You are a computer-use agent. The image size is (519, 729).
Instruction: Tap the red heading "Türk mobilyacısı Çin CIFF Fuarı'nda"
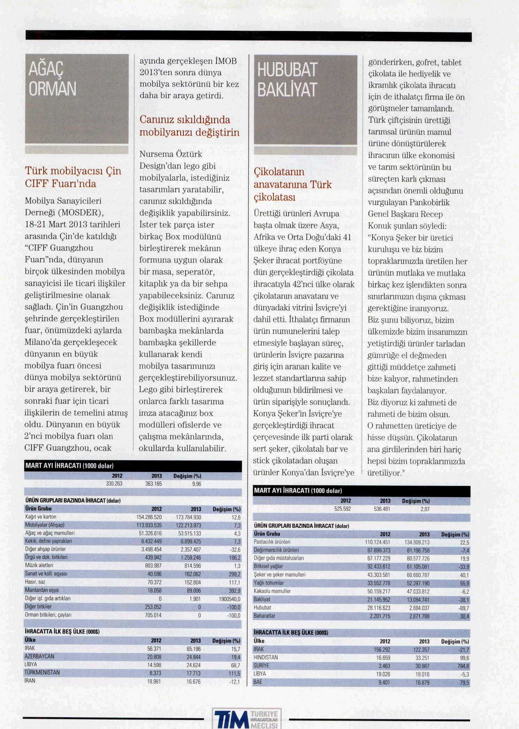[x=73, y=177]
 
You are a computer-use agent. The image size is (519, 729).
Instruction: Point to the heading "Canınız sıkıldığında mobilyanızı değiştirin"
[x=189, y=126]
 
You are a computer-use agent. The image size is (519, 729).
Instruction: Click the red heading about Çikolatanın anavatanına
[x=292, y=184]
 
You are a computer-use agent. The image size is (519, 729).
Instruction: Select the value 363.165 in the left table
[x=153, y=484]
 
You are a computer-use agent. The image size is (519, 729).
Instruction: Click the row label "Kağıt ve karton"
[x=41, y=517]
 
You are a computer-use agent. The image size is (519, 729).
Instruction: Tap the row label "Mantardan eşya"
[x=42, y=590]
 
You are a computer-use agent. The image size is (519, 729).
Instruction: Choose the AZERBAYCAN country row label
[x=39, y=656]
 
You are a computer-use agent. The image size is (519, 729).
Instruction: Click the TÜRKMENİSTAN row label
[x=42, y=672]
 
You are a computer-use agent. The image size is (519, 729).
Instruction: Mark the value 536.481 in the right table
[x=382, y=509]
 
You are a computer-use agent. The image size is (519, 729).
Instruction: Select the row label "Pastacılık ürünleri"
[x=272, y=542]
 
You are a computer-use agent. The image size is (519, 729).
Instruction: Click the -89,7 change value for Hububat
[x=464, y=608]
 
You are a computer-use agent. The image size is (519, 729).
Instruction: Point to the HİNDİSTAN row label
[x=266, y=657]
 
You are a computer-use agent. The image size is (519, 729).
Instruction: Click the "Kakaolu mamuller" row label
[x=272, y=591]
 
